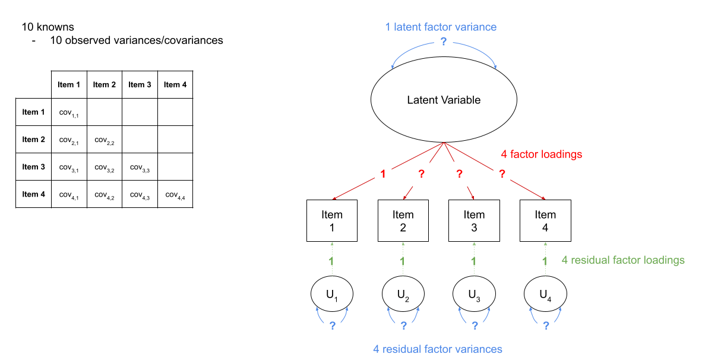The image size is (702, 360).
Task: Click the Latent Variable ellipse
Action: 444,100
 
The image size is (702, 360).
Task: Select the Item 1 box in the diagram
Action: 332,221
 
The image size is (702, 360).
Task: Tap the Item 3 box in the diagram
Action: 474,221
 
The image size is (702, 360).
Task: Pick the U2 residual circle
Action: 403,294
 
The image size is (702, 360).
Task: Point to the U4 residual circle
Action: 545,294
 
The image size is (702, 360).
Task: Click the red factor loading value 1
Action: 383,175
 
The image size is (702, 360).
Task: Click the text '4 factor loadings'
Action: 541,154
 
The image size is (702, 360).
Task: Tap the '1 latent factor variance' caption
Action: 441,27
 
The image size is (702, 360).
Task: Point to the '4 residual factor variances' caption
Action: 438,349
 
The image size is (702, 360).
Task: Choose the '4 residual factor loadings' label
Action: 623,260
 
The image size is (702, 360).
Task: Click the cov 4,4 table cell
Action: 175,194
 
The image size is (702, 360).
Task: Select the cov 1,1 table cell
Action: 69,112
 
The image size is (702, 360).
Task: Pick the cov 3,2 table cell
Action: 104,167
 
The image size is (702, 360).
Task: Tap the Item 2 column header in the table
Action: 105,84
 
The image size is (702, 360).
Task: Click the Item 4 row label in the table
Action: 33,194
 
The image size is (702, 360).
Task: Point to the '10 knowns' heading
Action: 48,27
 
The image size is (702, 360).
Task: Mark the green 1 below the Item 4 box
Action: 545,261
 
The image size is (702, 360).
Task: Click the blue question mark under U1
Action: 333,326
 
